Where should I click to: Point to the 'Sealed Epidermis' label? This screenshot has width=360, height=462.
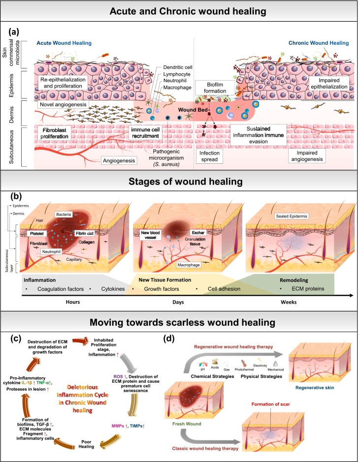(294, 202)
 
